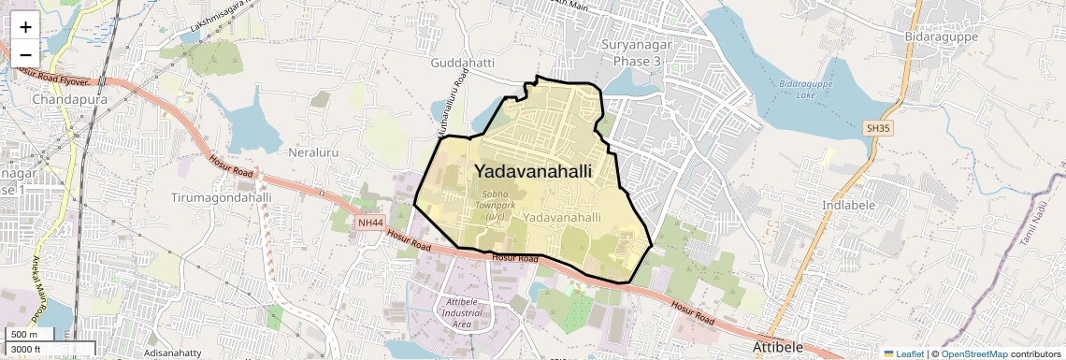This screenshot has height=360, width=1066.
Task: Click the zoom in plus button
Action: click(x=25, y=27)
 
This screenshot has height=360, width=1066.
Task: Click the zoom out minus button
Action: click(x=25, y=53)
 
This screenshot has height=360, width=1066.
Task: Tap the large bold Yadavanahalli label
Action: click(x=534, y=172)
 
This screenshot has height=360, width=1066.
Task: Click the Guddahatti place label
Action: click(x=463, y=64)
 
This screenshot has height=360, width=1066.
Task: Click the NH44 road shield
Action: click(x=370, y=223)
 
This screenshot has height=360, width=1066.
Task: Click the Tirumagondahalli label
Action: click(x=222, y=198)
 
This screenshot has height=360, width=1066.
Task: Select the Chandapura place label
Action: click(x=69, y=99)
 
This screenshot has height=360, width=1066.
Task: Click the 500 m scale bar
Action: click(x=31, y=335)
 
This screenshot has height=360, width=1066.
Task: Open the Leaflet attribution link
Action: click(x=904, y=353)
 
